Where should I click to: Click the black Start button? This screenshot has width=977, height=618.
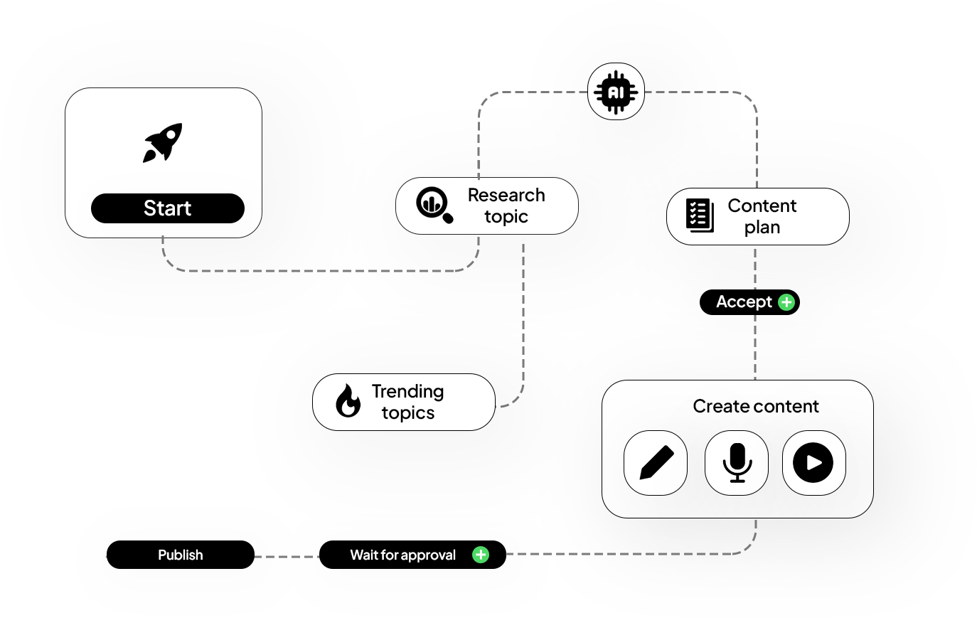coord(168,208)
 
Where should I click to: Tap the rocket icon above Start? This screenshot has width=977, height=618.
coord(164,142)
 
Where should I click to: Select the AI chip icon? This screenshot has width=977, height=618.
coord(616,92)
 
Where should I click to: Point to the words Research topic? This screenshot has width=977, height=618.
coord(506,206)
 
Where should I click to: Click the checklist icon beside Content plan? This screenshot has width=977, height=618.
coord(700,215)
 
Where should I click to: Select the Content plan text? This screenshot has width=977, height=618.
coord(762,216)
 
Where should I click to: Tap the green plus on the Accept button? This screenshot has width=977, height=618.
coord(786,302)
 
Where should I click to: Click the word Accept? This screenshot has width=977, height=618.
coord(744,302)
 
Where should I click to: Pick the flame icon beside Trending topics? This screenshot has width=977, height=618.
coord(348,401)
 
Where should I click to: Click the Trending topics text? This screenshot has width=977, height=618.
coord(407,402)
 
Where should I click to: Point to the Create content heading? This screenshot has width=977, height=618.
coord(755,406)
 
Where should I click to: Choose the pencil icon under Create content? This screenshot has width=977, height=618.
coord(656,463)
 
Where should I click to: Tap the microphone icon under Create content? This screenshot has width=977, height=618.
coord(737,463)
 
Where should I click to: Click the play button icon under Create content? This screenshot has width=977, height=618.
coord(813,463)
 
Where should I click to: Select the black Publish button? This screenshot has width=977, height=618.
coord(180,555)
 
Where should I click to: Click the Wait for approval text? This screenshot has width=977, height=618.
coord(402,555)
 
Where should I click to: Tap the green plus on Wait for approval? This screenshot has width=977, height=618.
coord(481,555)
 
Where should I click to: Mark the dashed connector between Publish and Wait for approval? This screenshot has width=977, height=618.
coord(287,556)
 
